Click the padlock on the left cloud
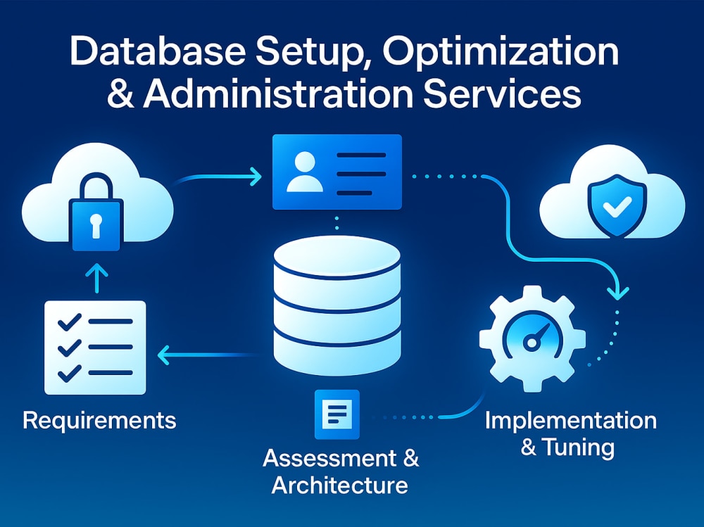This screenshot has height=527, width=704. point(96,212)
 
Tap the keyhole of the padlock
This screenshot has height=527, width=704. point(96,225)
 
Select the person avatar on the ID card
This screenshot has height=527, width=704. point(305,172)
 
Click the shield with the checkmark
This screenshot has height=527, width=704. point(617,206)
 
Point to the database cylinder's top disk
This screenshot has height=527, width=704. point(337,258)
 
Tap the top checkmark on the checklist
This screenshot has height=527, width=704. point(70,322)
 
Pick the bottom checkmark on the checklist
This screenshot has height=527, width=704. point(70,373)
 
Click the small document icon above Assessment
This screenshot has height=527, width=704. point(337,414)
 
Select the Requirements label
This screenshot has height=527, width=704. point(99,421)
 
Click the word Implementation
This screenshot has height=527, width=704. point(571,421)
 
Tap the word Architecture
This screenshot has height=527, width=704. point(340,485)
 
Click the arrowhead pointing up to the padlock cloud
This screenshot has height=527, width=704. point(96,272)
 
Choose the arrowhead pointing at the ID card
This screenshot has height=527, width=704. point(255,177)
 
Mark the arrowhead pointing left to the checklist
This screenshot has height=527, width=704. point(164,355)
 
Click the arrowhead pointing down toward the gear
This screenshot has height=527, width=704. point(618,293)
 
